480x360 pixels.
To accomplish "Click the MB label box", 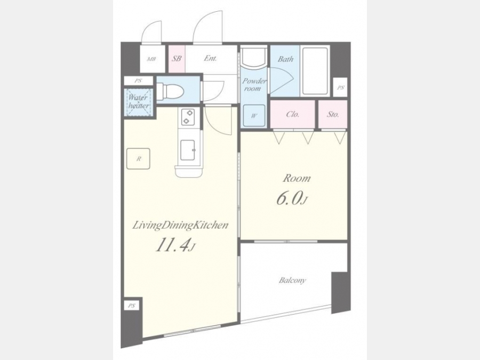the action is click(x=152, y=59).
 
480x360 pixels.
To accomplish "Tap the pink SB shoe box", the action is click(x=177, y=59).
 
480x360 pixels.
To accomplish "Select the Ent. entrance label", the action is click(x=210, y=58).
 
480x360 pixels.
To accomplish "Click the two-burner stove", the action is click(x=188, y=117).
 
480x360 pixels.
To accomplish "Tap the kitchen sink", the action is click(x=187, y=150).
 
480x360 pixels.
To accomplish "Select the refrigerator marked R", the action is click(x=138, y=158).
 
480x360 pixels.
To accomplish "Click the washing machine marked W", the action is click(x=254, y=116).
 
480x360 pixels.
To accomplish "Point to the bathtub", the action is click(x=315, y=71).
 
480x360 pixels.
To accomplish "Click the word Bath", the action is click(x=285, y=59).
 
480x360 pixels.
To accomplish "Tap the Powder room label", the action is click(x=254, y=85).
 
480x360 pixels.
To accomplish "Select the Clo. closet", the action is click(x=293, y=114).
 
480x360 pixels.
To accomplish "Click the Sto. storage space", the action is click(x=333, y=114).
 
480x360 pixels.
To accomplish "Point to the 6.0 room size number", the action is click(x=289, y=199).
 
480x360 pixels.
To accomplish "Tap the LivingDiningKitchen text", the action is click(x=180, y=226).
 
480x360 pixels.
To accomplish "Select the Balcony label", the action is click(x=292, y=280).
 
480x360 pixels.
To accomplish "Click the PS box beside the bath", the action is click(x=340, y=87).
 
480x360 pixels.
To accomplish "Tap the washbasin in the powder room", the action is click(x=253, y=58).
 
